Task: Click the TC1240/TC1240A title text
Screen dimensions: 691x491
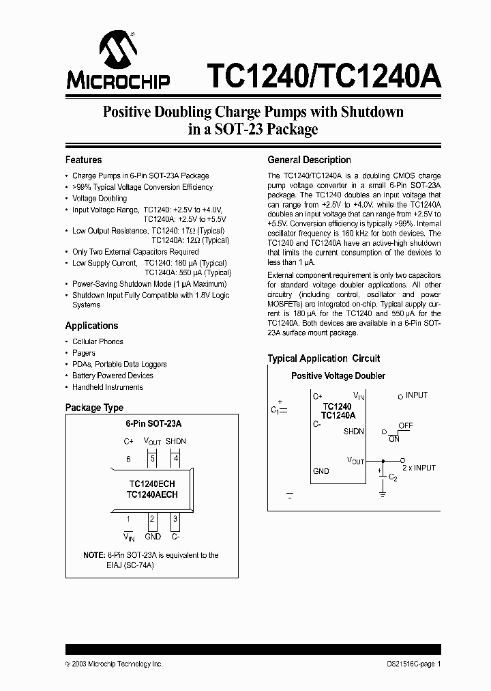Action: click(x=324, y=74)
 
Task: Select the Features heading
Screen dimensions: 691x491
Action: click(x=83, y=160)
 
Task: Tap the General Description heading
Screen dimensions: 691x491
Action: click(x=309, y=160)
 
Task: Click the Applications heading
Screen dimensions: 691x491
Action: click(x=91, y=326)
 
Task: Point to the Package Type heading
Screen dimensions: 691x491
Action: click(x=94, y=408)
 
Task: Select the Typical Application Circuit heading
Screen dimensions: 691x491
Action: click(x=323, y=358)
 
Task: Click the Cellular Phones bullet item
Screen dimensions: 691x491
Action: click(x=98, y=341)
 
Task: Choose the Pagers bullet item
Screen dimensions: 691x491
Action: click(x=84, y=353)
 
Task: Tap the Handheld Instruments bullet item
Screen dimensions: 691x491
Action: click(x=108, y=387)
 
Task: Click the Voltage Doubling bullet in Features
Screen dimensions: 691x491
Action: click(x=100, y=198)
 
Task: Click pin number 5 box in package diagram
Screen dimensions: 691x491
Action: click(x=153, y=460)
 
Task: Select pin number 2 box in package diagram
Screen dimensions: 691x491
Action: click(x=153, y=520)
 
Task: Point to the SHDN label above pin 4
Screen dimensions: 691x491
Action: click(x=175, y=441)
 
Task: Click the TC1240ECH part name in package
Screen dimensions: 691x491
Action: click(x=151, y=483)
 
